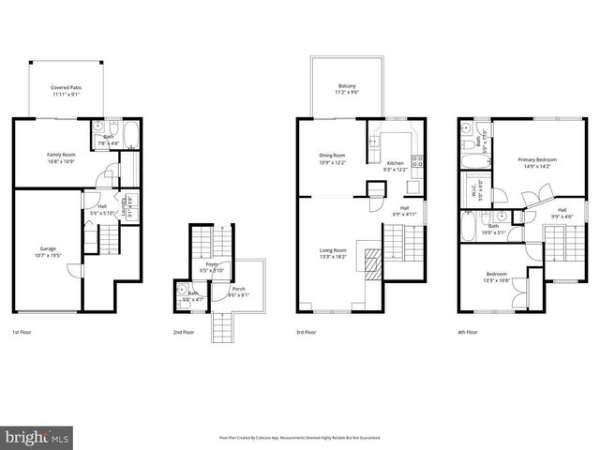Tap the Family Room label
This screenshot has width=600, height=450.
click(x=61, y=154)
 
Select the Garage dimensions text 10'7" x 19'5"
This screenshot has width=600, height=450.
click(x=48, y=254)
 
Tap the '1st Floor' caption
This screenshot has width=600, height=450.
click(x=23, y=332)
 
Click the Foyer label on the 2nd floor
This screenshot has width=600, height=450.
click(x=211, y=264)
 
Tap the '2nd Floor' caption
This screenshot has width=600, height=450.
click(x=183, y=332)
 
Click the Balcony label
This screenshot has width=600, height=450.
click(x=347, y=86)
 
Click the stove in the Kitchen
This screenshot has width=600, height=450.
click(x=418, y=160)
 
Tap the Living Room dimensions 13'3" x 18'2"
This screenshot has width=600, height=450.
click(x=334, y=254)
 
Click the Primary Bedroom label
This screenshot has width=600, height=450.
click(x=538, y=159)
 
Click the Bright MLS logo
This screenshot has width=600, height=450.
click(x=37, y=437)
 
